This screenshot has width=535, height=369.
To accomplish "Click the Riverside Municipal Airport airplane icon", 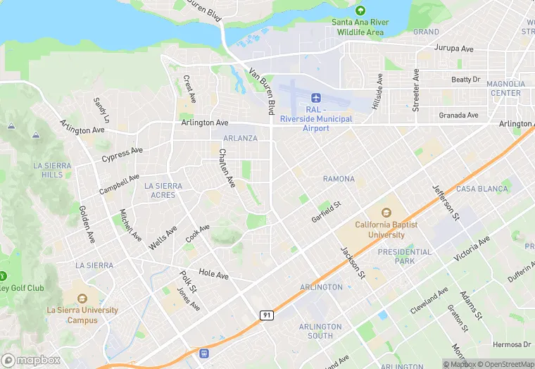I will click(x=315, y=96).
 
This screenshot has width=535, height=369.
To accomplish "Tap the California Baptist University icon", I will click(x=386, y=213).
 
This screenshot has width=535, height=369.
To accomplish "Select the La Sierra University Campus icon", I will click(x=82, y=298).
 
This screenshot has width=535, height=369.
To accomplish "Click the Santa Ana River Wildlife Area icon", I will click(x=360, y=11).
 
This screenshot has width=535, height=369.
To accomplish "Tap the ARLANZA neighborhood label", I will click(x=240, y=138).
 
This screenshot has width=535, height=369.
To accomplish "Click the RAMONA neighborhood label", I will click(x=339, y=179).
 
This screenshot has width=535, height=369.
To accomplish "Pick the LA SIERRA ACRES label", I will click(x=163, y=190).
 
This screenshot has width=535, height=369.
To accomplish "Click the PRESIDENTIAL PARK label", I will click(x=405, y=256).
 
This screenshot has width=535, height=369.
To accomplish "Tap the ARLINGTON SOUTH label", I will click(x=320, y=331).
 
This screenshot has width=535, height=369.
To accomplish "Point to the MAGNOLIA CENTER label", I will click(x=505, y=88).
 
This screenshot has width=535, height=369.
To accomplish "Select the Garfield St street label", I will click(x=326, y=212).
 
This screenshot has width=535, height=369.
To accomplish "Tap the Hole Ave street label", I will click(x=214, y=273).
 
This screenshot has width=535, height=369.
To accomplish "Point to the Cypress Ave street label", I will click(x=122, y=153).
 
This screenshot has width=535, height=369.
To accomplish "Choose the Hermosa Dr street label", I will click(x=512, y=344).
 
